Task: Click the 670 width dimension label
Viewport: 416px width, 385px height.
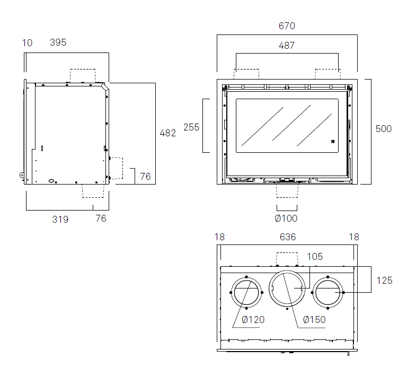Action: (287, 26)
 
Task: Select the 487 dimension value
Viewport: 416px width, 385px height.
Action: (287, 46)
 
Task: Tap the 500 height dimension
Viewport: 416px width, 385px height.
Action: (384, 129)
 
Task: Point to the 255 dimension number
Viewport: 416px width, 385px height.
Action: (191, 127)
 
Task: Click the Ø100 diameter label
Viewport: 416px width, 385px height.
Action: (286, 218)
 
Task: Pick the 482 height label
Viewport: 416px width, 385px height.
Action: (167, 133)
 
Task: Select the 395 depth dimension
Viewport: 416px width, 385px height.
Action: (58, 42)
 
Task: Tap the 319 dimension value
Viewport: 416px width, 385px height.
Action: (60, 219)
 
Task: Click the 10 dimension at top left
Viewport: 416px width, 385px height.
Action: (28, 43)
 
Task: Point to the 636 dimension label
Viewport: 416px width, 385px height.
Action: (288, 237)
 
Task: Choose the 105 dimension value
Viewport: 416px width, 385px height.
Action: (315, 257)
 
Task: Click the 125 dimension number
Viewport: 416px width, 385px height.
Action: (384, 281)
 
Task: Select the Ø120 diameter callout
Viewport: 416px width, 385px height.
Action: (253, 319)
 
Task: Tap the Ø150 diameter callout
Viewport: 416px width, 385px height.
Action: (314, 319)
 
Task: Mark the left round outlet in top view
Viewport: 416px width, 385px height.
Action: (246, 293)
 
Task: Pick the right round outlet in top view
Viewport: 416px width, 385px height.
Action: (328, 293)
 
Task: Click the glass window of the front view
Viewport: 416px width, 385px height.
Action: (287, 125)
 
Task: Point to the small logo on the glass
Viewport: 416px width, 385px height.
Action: (333, 141)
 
